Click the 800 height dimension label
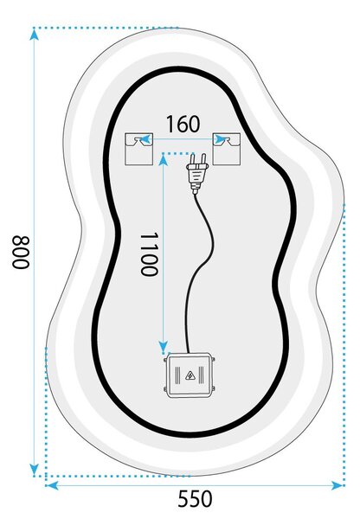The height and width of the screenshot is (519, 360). coord(21,252)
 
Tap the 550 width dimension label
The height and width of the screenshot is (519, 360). coord(195,498)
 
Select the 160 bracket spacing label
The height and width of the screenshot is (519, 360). coord(183,124)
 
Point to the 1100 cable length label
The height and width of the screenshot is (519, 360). coord(148,254)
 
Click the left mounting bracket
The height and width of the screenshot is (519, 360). coord(138,149)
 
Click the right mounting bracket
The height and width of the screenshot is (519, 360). coord(227,149)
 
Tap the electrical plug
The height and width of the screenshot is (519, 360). coord(197,174)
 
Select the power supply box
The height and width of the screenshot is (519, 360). coord(190,375)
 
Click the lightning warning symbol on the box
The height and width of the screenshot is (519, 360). coord(190,375)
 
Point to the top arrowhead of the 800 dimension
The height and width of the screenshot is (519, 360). coord(34,34)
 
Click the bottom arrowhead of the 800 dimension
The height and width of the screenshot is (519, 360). coord(34,470)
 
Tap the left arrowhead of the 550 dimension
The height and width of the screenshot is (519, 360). coord(52,485)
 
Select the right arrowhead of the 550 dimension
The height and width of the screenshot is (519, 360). coord(337,485)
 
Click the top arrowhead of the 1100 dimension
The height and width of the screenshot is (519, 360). coord(163,159)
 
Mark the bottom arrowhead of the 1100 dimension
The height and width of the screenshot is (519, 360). coord(163,347)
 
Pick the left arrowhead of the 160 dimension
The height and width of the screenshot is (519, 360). coord(145,139)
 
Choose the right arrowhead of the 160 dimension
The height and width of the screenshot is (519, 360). coord(221,139)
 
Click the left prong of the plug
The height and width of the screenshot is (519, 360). coord(192,159)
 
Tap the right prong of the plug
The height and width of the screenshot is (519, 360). coord(203,159)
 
